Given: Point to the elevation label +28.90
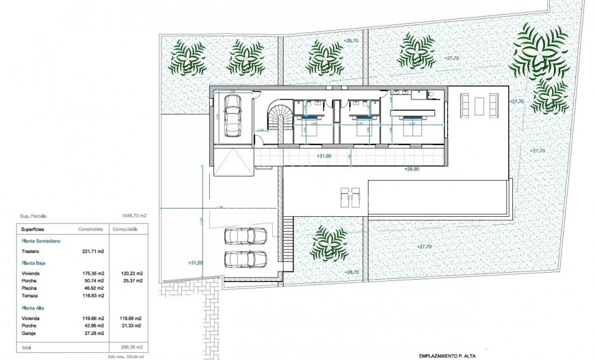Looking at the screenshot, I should coord(413,169).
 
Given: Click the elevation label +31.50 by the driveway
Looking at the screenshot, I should coord(195,263).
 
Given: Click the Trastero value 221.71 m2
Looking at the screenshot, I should coord(93,251).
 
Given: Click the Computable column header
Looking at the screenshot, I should coord(125,229).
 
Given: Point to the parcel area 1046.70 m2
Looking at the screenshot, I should coord(134,217).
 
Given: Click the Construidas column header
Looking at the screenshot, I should coord(92,229).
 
